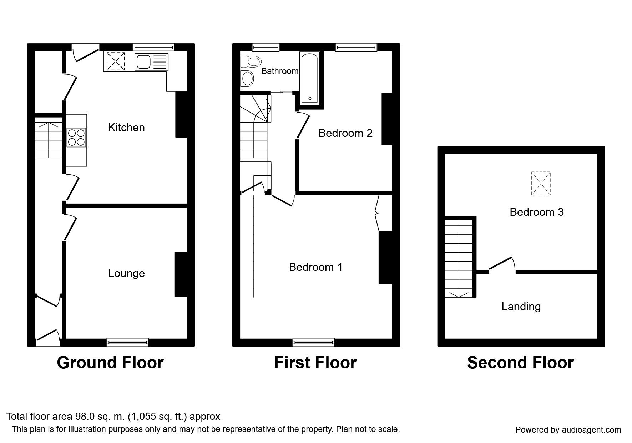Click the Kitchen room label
click(x=126, y=128)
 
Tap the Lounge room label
click(x=126, y=273)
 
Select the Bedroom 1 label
click(x=316, y=267)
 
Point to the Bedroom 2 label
click(x=345, y=133)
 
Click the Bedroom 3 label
click(x=537, y=212)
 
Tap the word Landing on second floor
click(x=521, y=307)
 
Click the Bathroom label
click(x=280, y=71)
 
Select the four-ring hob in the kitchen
click(x=76, y=137)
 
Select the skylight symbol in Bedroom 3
click(x=541, y=184)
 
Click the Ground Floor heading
click(x=110, y=363)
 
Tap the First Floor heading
click(x=315, y=363)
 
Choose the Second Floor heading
click(x=520, y=363)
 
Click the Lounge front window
click(x=128, y=342)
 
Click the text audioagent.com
click(x=590, y=430)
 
